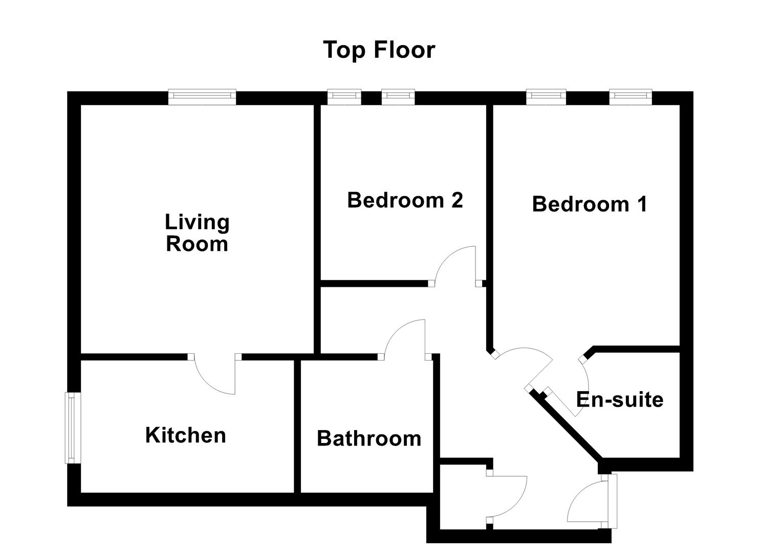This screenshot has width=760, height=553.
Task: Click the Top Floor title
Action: click(x=379, y=50)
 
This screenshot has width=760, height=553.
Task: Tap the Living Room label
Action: click(x=197, y=233)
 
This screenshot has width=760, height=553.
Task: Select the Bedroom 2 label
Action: click(x=405, y=200)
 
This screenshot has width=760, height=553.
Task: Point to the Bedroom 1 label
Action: click(x=590, y=204)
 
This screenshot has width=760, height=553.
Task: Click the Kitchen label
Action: click(x=185, y=435)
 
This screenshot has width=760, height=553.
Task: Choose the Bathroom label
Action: click(x=369, y=438)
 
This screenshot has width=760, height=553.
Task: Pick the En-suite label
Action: click(x=620, y=399)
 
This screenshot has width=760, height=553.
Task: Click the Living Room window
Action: click(x=203, y=97)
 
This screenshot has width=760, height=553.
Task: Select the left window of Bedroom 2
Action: click(x=344, y=97)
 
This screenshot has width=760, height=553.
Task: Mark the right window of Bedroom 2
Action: click(x=398, y=97)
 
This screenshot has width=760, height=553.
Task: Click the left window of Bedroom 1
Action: click(x=546, y=97)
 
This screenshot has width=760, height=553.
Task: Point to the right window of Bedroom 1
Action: click(x=631, y=97)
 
